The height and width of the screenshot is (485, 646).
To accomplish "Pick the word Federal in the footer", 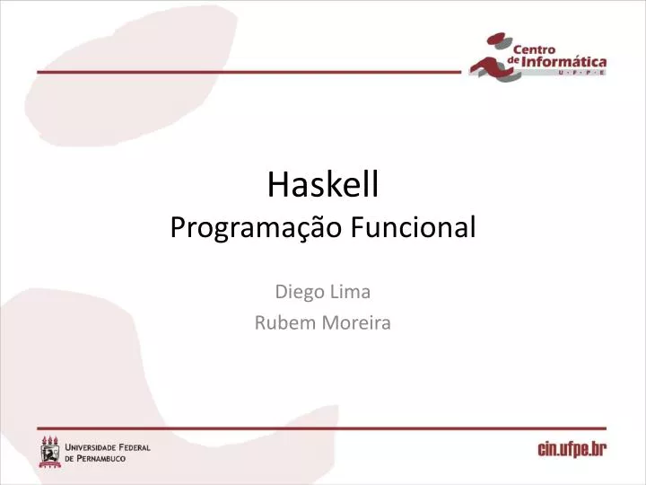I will (134, 447).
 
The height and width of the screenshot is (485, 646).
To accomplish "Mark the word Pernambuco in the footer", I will (101, 458).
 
